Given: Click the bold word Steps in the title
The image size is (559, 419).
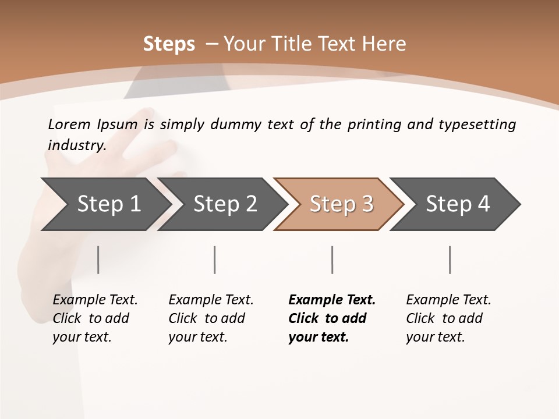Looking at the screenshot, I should pos(169,44).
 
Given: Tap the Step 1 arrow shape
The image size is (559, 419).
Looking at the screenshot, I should pos(108,204).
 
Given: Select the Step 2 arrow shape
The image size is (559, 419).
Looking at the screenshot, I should pos(225,204).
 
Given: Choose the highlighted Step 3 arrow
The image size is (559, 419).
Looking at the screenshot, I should pos(341,204).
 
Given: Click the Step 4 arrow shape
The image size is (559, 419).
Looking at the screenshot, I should pos(458,204).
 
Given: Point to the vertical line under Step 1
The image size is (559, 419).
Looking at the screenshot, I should pos(98,260).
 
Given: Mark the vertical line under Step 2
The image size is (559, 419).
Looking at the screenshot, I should pos(215,260).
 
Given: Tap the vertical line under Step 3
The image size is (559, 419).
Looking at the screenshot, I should pos(332,260).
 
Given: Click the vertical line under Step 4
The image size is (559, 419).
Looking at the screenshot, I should pos(450,260).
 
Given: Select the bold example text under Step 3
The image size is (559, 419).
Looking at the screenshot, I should pos(331,318).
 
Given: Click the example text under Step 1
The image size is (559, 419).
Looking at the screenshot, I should pos(95,318).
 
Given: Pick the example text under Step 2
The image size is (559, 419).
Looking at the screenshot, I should pos(211,318).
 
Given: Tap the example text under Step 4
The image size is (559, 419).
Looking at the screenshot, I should pos(448,318).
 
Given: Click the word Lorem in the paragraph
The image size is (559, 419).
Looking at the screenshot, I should pos(69,124).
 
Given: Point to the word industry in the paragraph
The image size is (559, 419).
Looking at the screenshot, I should pos(76,145).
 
